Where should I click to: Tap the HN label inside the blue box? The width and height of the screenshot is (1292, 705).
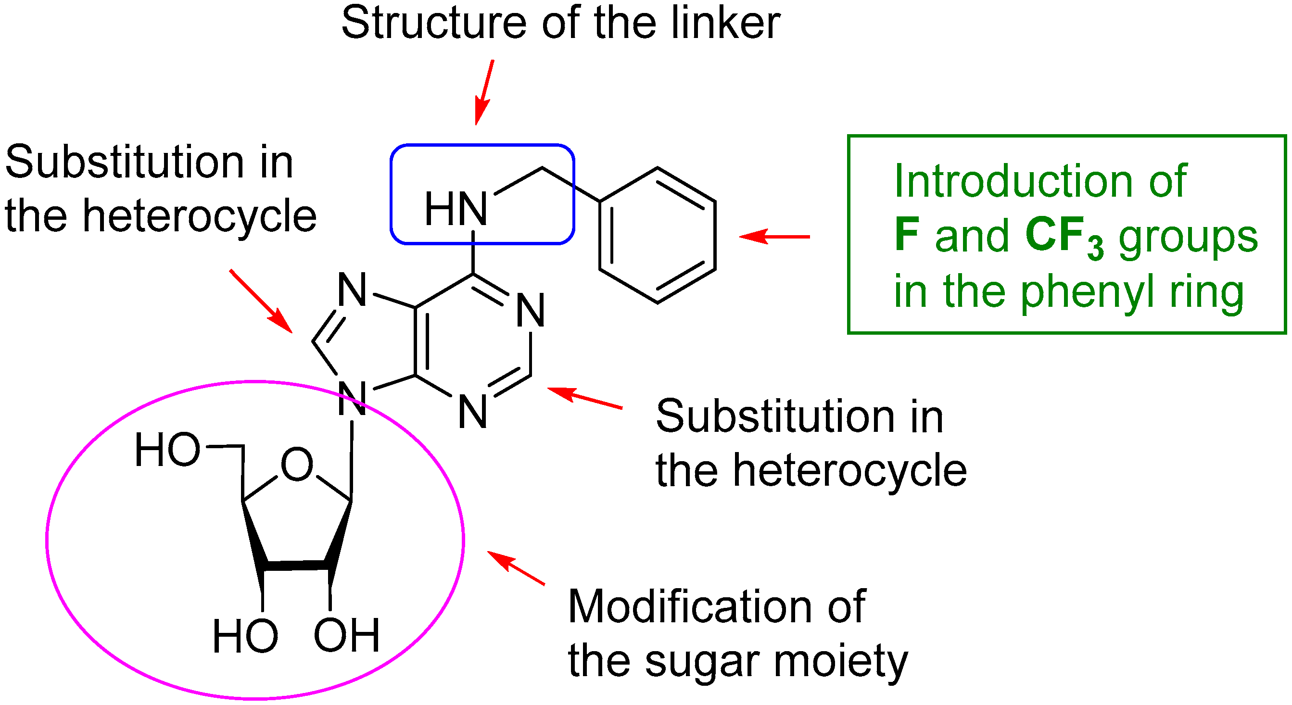pos(456,209)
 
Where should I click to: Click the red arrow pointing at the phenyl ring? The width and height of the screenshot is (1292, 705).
pos(774,236)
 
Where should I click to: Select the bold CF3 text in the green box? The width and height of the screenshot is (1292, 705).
pos(1064,237)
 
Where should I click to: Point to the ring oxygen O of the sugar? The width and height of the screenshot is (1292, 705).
pos(297,465)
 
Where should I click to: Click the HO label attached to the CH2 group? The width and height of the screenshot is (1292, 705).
pos(167,450)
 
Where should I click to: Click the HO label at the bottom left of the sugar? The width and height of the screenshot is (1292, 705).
pos(245,636)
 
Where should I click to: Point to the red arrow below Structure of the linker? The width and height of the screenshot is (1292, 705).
pos(484,93)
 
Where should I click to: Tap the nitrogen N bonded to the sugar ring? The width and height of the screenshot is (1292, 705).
pos(352,399)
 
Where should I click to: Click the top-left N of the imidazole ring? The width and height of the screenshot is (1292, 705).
pos(352,290)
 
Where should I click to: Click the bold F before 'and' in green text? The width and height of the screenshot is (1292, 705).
pos(907,236)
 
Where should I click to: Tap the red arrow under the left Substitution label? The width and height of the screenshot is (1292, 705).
pos(261,302)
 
